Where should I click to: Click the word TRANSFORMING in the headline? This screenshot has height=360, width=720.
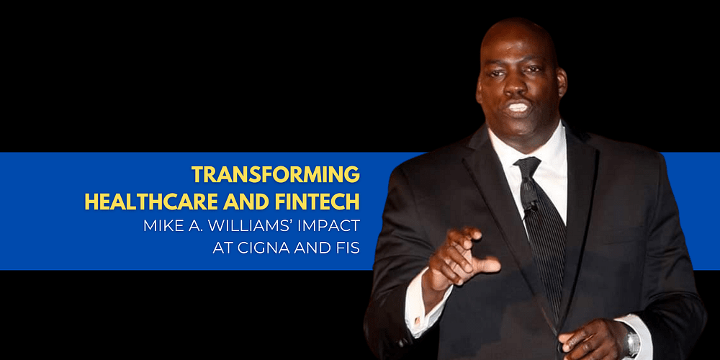click(276, 174)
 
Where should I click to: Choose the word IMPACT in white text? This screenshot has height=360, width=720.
click(336, 226)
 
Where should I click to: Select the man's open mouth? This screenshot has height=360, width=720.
click(518, 107)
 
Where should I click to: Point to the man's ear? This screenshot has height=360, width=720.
click(562, 83)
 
